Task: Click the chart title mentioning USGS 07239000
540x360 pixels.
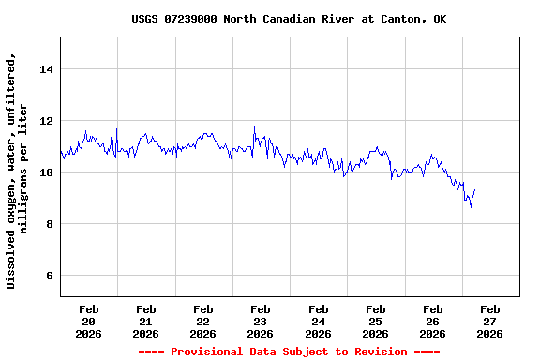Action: coord(289,19)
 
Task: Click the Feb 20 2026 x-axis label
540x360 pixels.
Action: coord(88,321)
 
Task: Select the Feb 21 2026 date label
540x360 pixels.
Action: coord(145,321)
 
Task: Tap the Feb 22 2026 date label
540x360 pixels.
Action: coord(202,321)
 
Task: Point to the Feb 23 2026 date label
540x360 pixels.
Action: coord(260,321)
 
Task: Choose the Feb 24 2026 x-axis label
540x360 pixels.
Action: coord(318,321)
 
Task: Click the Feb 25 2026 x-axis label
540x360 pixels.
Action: coord(375,321)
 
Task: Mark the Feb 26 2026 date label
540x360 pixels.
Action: coord(432,321)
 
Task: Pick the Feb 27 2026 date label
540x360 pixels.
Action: coord(489,321)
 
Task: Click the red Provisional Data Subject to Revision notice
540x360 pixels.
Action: coord(289,352)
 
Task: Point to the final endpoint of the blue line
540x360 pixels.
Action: coord(475,190)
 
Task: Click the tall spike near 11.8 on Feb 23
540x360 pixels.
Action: coord(254,127)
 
